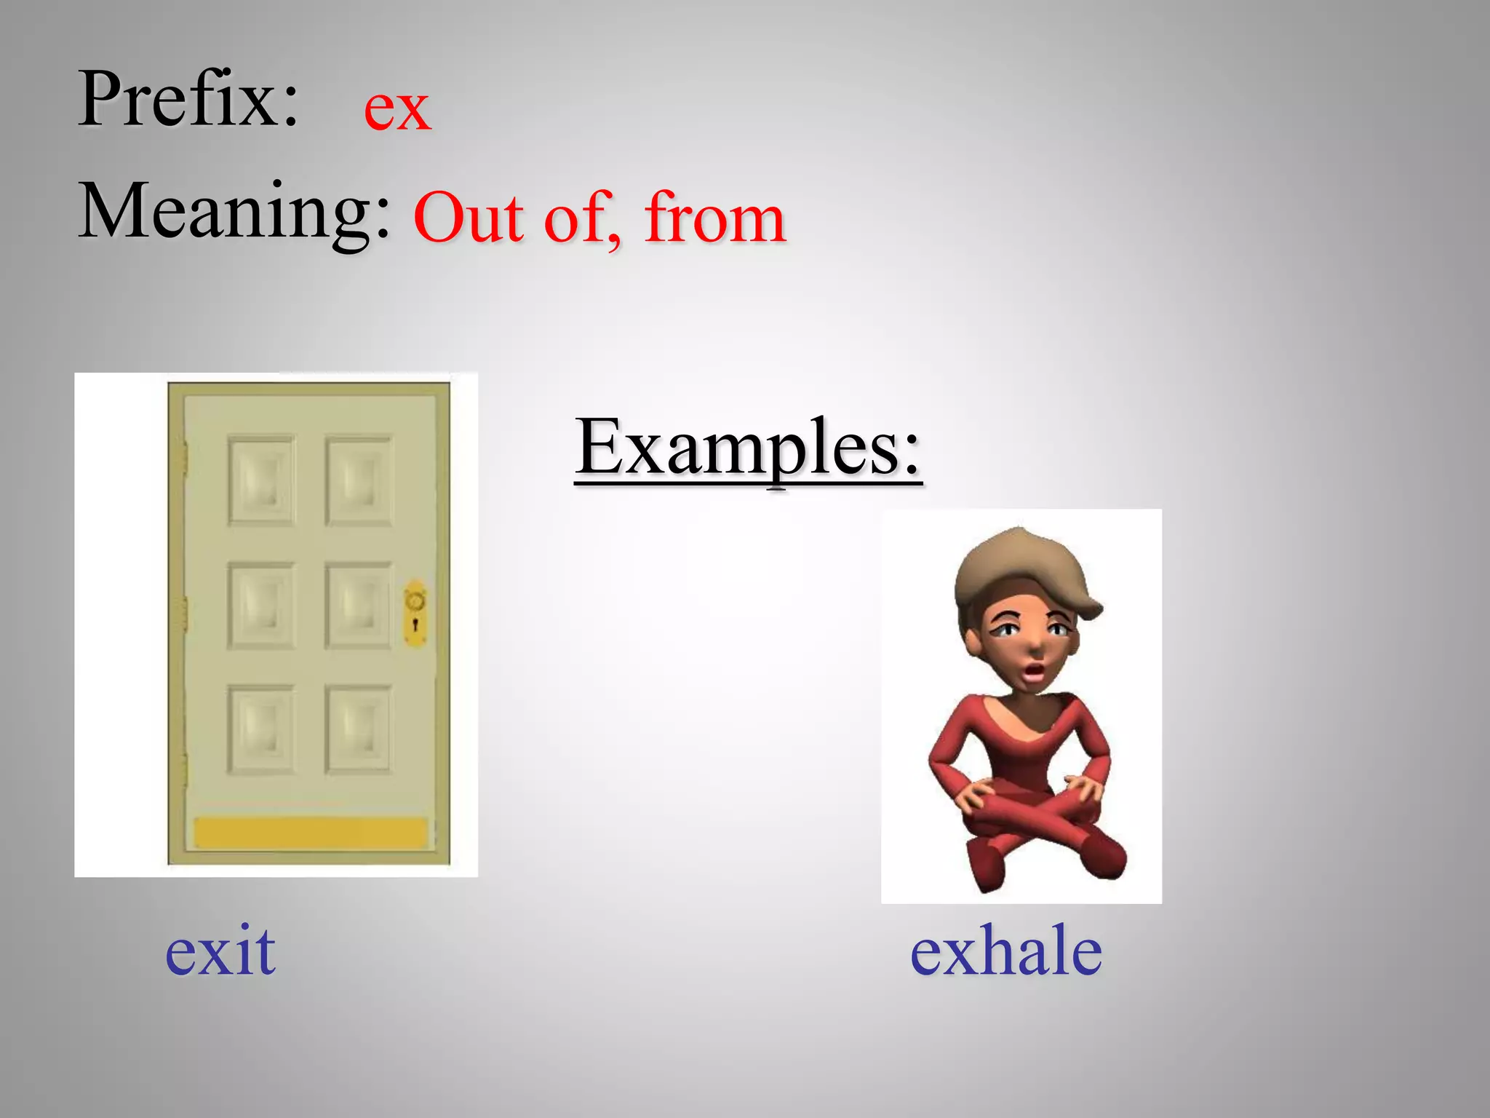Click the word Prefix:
tap(188, 99)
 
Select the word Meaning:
tap(234, 211)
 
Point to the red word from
tap(714, 218)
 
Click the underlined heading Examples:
tap(748, 447)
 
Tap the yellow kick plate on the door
tap(311, 833)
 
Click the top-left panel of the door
tap(261, 480)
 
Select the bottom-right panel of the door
tap(358, 729)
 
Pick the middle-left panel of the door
tap(261, 606)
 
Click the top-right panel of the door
tap(358, 480)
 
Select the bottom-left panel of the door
tap(261, 729)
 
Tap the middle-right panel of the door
tap(358, 606)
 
